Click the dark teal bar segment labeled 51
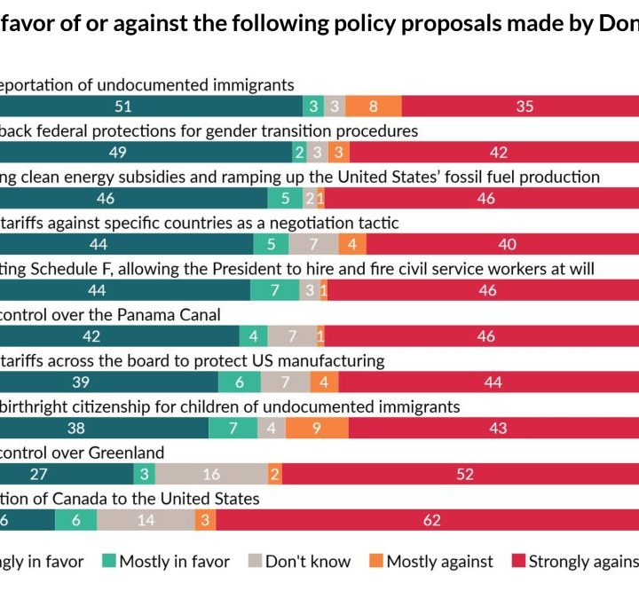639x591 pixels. click(151, 106)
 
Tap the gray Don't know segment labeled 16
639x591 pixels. click(211, 474)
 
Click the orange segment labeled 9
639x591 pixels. click(317, 428)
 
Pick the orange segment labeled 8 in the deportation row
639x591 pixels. click(373, 106)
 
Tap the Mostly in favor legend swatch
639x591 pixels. click(108, 561)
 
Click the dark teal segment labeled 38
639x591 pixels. click(104, 428)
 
